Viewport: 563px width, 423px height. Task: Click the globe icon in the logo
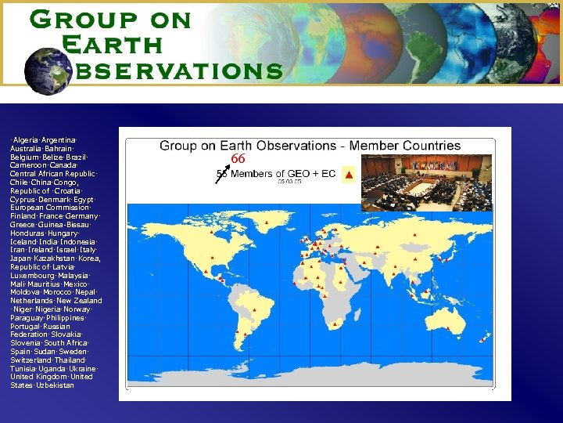pos(48,68)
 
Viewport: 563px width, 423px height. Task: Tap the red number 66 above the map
pos(238,159)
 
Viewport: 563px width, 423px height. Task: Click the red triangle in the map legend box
pos(349,174)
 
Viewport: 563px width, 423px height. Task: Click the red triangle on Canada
pos(213,232)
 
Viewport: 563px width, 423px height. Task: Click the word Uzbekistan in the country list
pos(55,385)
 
